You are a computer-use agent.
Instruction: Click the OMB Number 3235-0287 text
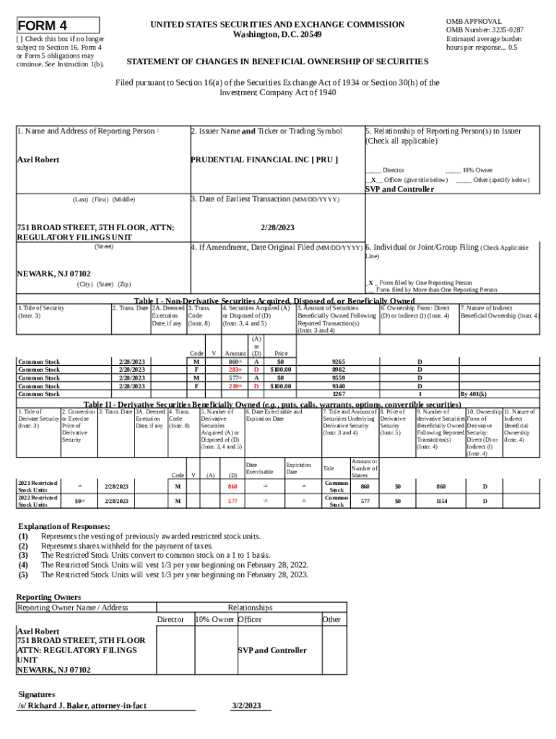[x=485, y=30]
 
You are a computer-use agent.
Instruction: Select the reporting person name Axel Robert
[x=38, y=159]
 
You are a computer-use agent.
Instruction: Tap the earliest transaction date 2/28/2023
[x=277, y=227]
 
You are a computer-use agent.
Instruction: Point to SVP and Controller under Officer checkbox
[x=399, y=189]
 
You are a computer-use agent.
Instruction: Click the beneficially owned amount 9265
[x=338, y=362]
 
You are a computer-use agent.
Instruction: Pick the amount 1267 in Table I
[x=338, y=394]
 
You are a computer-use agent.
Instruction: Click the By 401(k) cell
[x=473, y=394]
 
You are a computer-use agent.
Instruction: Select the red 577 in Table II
[x=233, y=501]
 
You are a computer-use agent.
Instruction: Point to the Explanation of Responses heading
[x=64, y=526]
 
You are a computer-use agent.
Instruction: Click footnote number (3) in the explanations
[x=24, y=555]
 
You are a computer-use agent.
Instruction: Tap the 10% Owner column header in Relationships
[x=214, y=620]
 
